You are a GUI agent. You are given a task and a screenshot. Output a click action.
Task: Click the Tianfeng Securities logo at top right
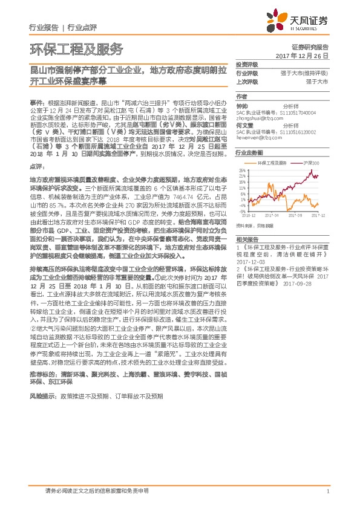tap(299, 22)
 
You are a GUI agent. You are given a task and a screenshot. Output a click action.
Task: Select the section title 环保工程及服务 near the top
tap(76, 49)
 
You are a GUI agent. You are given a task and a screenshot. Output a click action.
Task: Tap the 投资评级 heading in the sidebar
tap(247, 64)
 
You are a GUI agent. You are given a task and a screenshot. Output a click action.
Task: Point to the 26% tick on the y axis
tap(241, 170)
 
